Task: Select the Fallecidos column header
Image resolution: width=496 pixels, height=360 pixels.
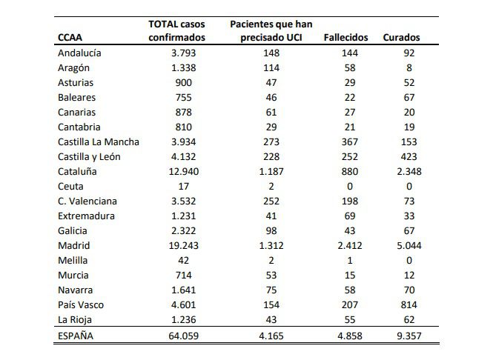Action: (347, 38)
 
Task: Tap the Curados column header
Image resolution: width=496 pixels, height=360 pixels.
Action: (401, 38)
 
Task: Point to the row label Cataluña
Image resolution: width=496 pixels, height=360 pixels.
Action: (78, 171)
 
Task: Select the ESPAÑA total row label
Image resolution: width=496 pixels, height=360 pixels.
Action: (76, 335)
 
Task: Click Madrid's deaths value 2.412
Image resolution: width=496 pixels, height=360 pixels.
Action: (347, 245)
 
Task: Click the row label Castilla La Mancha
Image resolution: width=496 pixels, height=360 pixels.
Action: (98, 141)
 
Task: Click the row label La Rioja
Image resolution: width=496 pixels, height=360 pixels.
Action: (76, 319)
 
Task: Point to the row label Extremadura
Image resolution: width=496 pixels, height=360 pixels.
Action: (86, 216)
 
